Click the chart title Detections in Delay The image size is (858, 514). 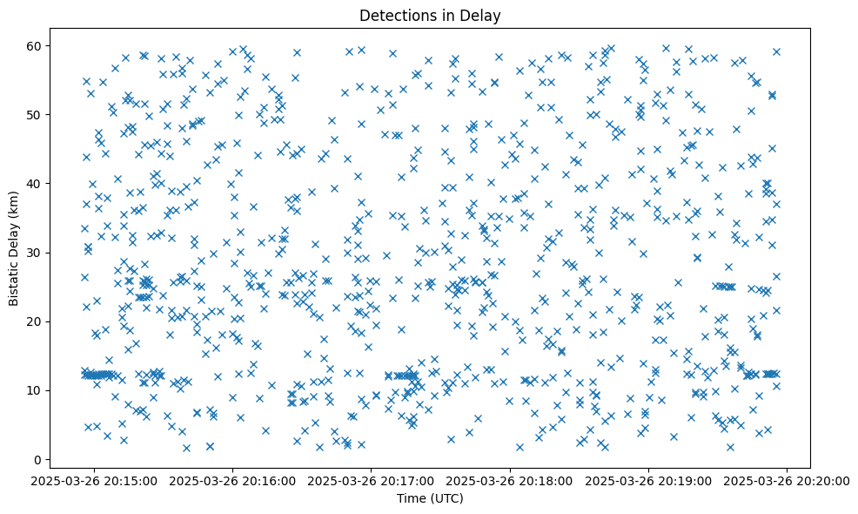(430, 15)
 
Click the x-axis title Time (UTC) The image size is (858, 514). (430, 498)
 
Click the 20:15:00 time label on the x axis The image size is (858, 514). (95, 480)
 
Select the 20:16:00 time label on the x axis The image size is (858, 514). (233, 480)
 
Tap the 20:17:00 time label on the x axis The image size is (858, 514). (372, 480)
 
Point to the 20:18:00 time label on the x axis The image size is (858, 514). (510, 480)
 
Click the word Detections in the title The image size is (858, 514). (396, 15)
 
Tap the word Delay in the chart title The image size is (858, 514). (483, 15)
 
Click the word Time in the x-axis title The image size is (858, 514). (412, 498)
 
